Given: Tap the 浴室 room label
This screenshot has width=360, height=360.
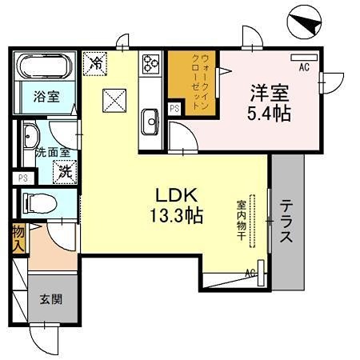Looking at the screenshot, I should pos(45,98).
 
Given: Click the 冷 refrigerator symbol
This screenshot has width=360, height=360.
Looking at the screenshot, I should pos(95,62).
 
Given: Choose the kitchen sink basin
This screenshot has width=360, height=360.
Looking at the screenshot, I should pos(150,123).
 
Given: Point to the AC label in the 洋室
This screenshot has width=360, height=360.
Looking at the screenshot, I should pos(304,68).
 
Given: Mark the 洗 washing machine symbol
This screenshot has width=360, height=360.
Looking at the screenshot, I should pos(64,170).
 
